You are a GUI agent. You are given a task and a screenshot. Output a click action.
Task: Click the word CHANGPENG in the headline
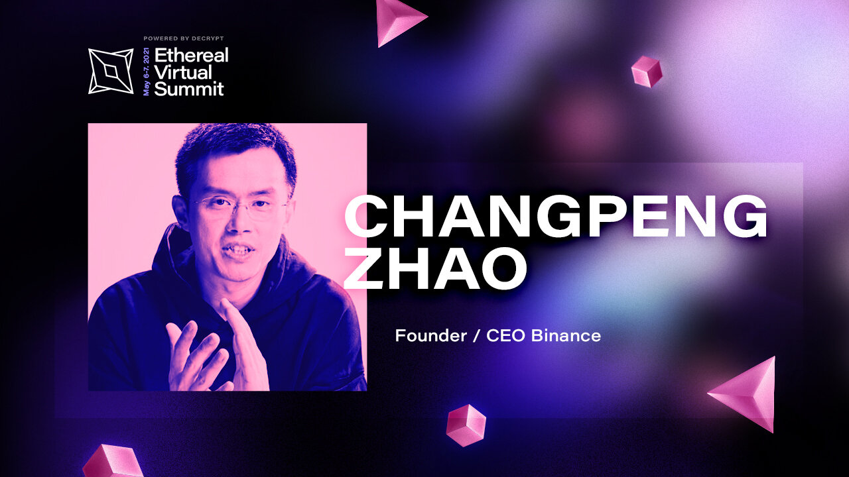pyautogui.click(x=556, y=216)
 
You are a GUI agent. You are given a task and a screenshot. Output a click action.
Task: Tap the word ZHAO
pyautogui.click(x=435, y=268)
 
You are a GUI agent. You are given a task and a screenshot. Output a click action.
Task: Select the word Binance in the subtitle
pyautogui.click(x=566, y=336)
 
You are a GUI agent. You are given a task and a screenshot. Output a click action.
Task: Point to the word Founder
pyautogui.click(x=431, y=336)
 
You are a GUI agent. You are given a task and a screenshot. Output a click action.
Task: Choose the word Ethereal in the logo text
pyautogui.click(x=192, y=55)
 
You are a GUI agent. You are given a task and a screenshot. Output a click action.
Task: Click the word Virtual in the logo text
pyautogui.click(x=183, y=72)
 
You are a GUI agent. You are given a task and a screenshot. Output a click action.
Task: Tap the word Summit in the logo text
pyautogui.click(x=189, y=89)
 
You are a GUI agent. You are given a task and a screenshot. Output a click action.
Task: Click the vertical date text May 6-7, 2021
pyautogui.click(x=147, y=72)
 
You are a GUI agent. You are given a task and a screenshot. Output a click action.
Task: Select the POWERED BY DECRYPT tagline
pyautogui.click(x=184, y=38)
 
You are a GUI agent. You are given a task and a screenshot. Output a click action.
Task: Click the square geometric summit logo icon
pyautogui.click(x=111, y=71)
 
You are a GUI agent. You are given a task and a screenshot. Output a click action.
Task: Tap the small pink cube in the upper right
pyautogui.click(x=647, y=72)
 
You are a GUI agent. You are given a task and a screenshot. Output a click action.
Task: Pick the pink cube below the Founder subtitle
pyautogui.click(x=466, y=425)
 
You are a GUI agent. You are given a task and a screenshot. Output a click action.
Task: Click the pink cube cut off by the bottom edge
pyautogui.click(x=113, y=461)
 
